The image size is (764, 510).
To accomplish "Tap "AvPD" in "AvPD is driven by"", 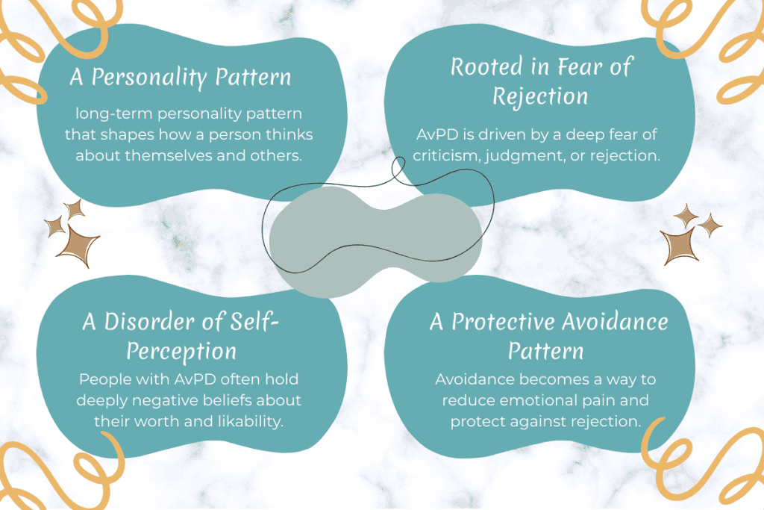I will (436, 137).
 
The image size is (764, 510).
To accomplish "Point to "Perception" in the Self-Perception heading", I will (181, 350).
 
